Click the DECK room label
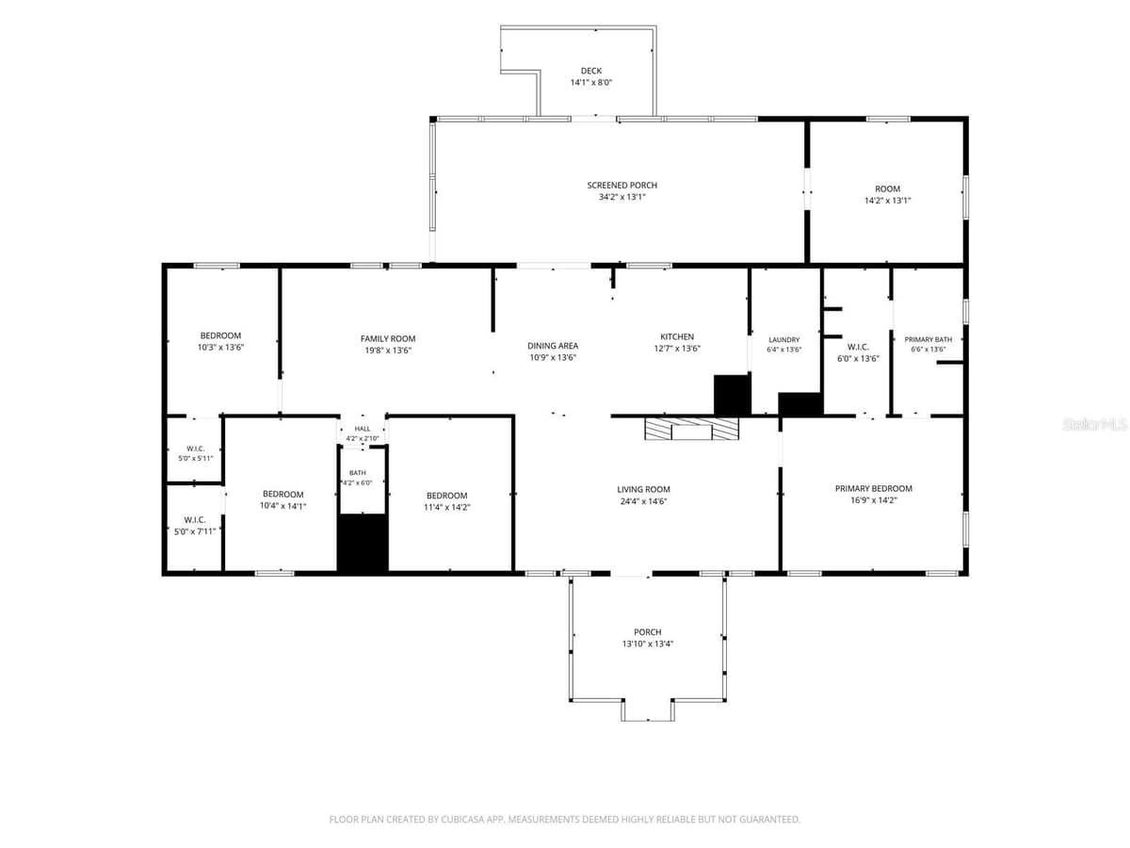coord(591,71)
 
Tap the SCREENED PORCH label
coord(621,186)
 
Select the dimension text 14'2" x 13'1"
coord(888,201)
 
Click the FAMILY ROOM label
coord(388,339)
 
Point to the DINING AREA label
coord(553,346)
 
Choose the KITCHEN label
coord(677,336)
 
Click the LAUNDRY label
coord(784,340)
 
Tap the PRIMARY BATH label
coord(928,340)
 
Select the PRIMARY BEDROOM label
coord(874,489)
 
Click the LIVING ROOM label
coord(643,490)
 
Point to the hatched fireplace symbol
coord(691,429)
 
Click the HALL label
coord(363,429)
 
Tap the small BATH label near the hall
coord(358,473)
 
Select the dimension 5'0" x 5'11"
coord(196,458)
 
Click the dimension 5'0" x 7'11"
coord(195,531)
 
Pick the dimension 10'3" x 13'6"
coord(221,348)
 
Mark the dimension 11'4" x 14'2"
coord(447,507)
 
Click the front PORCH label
coord(648,632)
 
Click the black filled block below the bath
coord(363,543)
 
